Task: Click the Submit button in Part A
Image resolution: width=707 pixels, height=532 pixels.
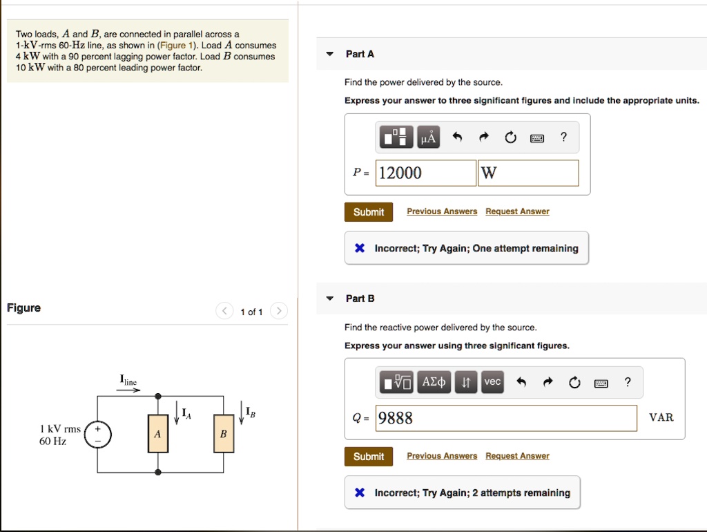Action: pyautogui.click(x=369, y=212)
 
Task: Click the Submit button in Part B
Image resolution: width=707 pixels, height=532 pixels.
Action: pyautogui.click(x=369, y=457)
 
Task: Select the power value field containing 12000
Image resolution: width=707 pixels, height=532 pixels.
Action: pyautogui.click(x=426, y=173)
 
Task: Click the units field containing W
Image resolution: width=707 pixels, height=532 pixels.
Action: pyautogui.click(x=528, y=173)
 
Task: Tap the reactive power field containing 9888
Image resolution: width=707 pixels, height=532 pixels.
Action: pyautogui.click(x=506, y=418)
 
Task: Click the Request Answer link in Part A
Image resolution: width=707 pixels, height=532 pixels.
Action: pyautogui.click(x=517, y=211)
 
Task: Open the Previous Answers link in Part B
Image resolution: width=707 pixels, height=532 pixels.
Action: pyautogui.click(x=442, y=456)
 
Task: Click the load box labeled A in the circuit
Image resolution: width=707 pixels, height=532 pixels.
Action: pyautogui.click(x=157, y=434)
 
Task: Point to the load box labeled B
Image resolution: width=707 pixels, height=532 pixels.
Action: pyautogui.click(x=223, y=434)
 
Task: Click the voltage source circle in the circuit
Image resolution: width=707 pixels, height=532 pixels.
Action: pyautogui.click(x=97, y=435)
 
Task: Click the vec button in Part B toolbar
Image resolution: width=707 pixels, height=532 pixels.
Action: pyautogui.click(x=492, y=382)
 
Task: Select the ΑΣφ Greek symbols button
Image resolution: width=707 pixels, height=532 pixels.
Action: pyautogui.click(x=434, y=382)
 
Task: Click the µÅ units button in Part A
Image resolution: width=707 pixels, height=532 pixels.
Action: pyautogui.click(x=429, y=137)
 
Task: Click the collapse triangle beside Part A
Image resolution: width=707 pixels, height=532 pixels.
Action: pyautogui.click(x=330, y=55)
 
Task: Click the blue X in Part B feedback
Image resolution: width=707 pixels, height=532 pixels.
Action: pyautogui.click(x=359, y=493)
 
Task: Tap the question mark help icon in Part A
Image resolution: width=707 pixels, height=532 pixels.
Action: pyautogui.click(x=564, y=137)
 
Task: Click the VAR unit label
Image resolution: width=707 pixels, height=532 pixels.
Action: pyautogui.click(x=661, y=417)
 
